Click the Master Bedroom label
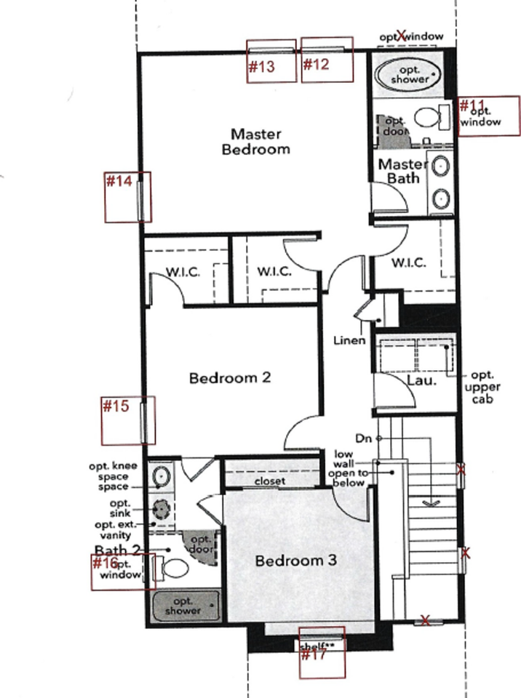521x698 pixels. coord(260,142)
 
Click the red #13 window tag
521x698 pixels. coord(261,67)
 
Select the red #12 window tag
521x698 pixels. coord(317,64)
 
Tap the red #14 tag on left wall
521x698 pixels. coord(119,181)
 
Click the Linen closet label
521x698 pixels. coord(349,340)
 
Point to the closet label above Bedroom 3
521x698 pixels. coord(269,481)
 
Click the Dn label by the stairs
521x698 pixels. coord(364,438)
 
